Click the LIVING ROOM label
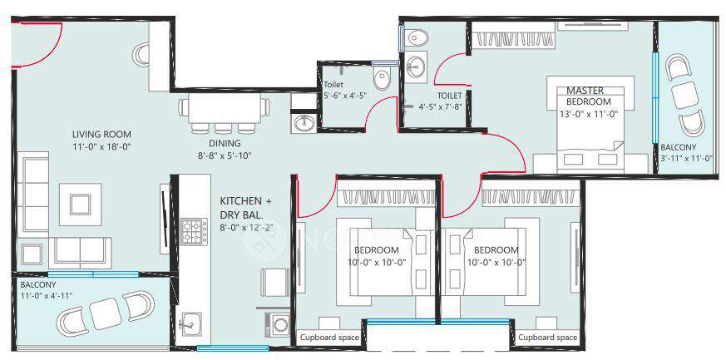(101, 135)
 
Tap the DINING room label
(225, 144)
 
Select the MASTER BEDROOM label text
(589, 96)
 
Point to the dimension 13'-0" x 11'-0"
(589, 113)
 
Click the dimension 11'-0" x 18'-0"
(101, 147)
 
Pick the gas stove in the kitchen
(194, 231)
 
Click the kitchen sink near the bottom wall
(189, 323)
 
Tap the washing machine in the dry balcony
(278, 323)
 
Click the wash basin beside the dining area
(304, 122)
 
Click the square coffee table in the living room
(81, 204)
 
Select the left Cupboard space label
(329, 338)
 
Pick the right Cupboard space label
(548, 338)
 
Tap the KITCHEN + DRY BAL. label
(245, 208)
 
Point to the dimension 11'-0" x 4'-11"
(47, 296)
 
